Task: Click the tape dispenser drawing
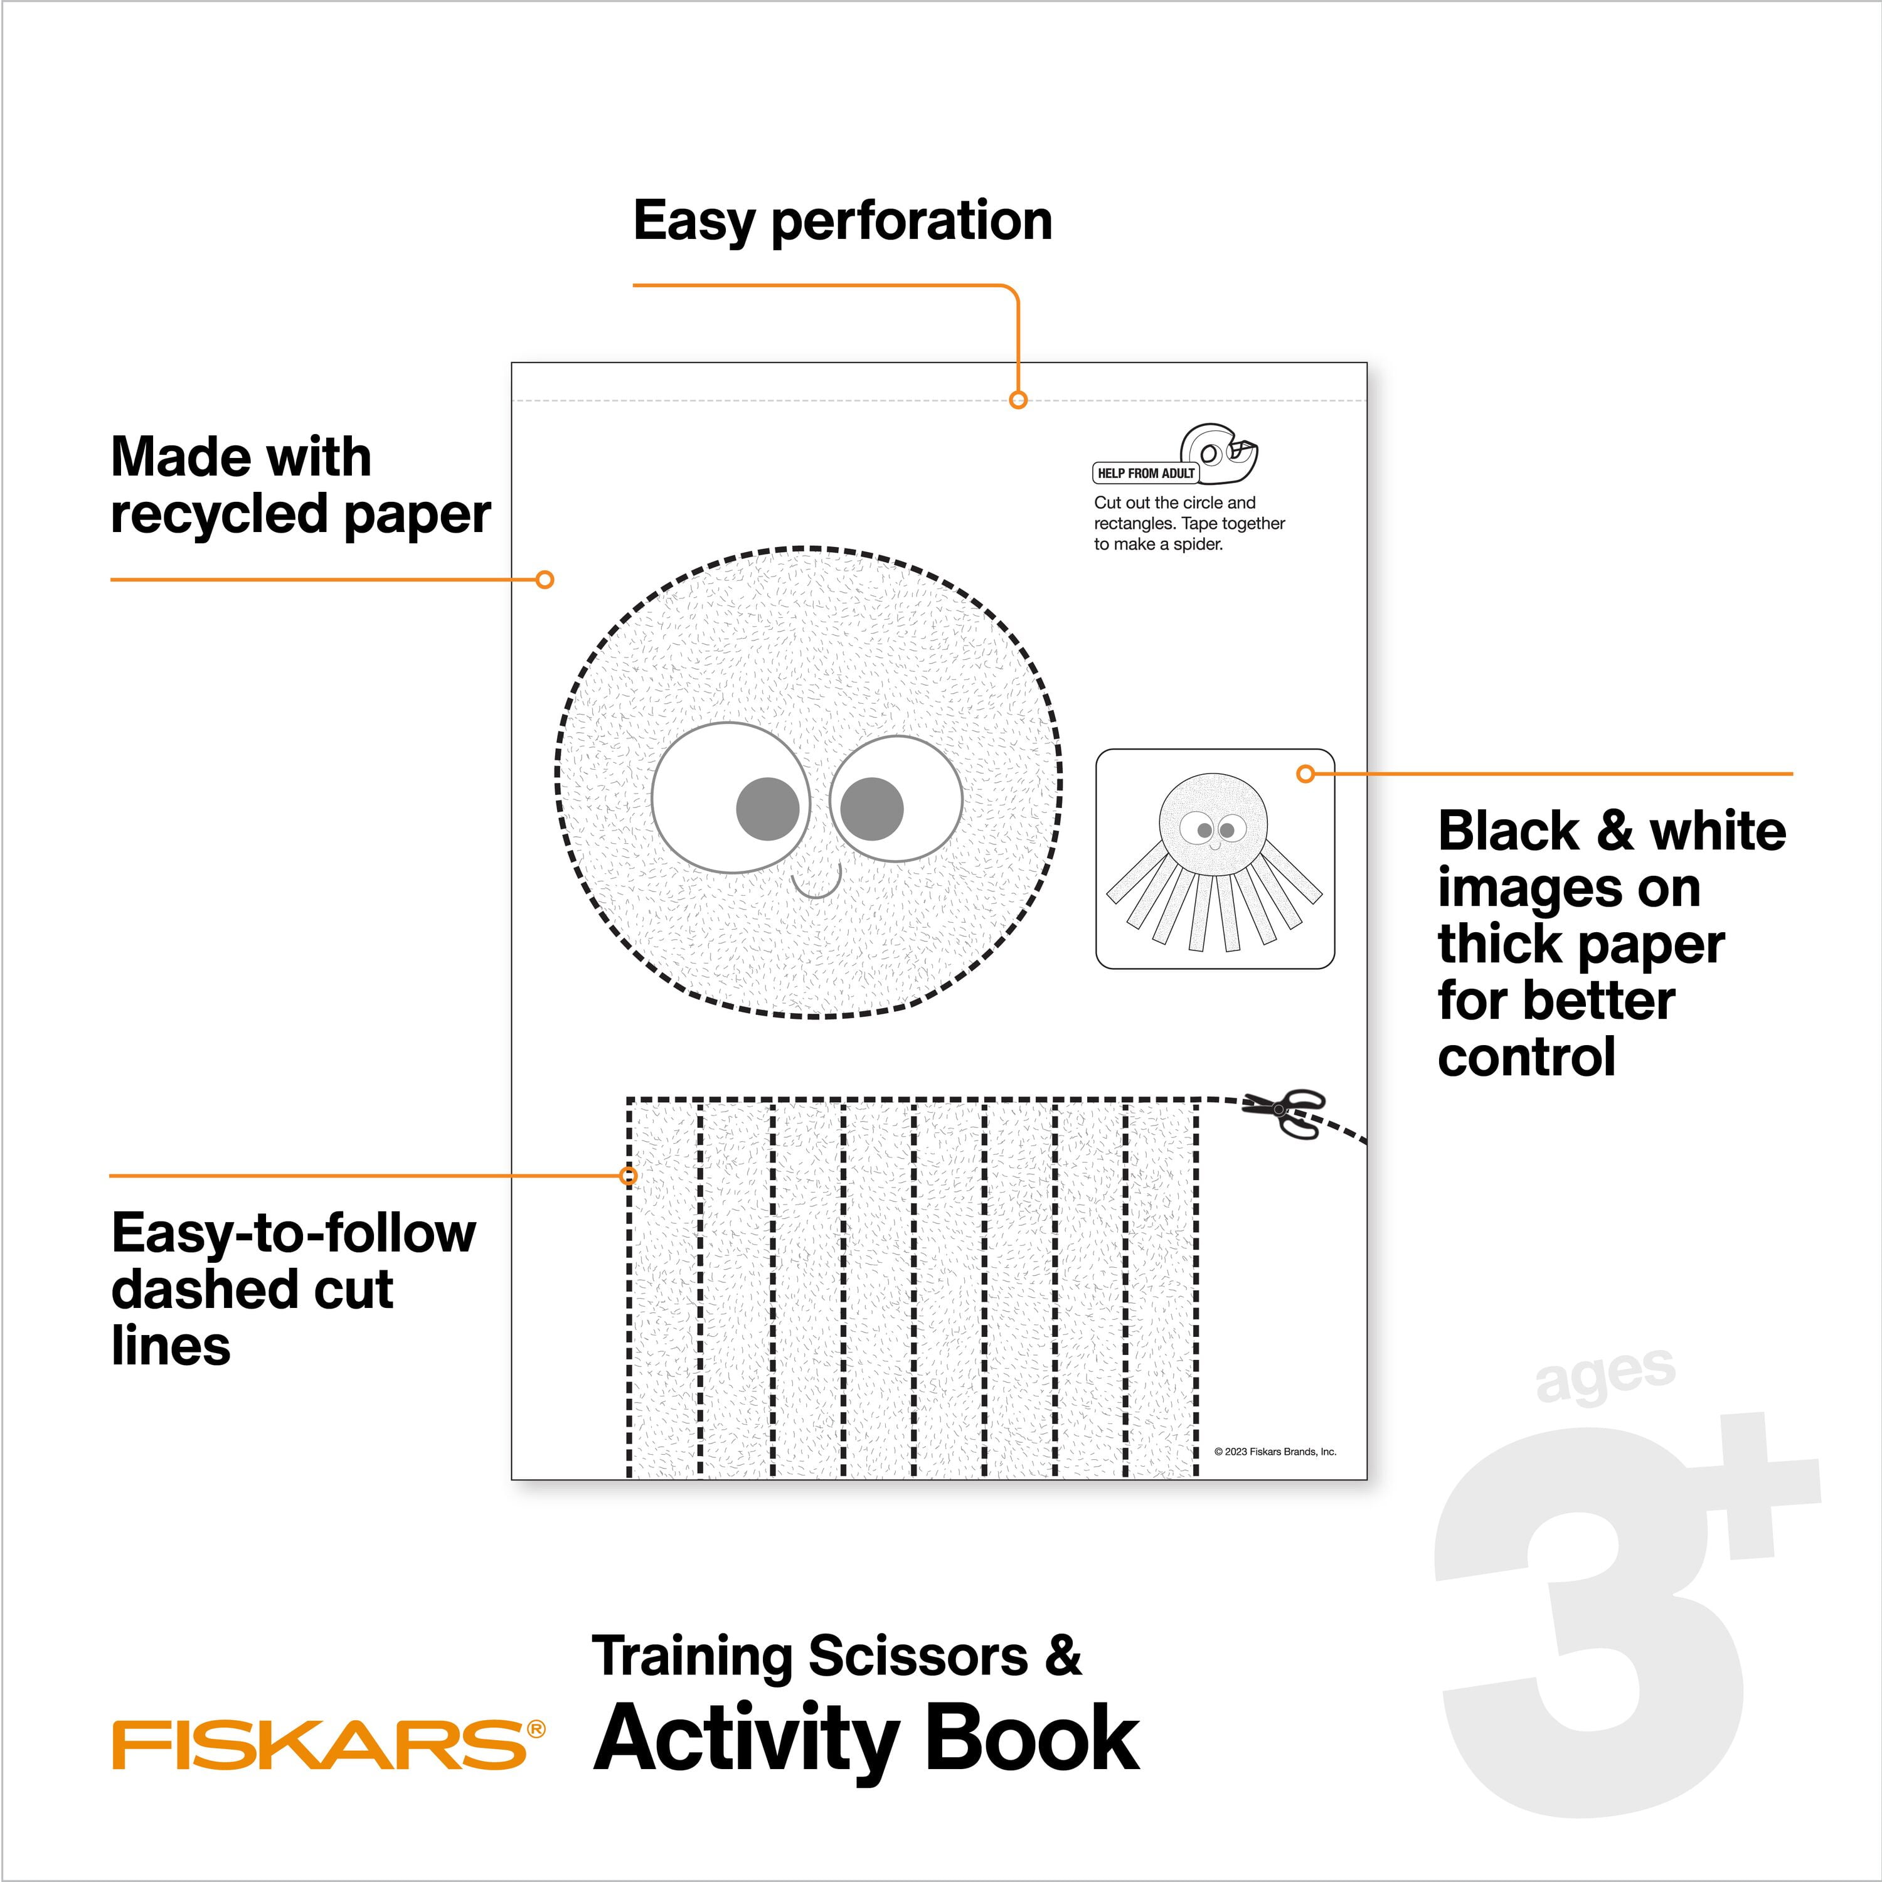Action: click(x=1220, y=453)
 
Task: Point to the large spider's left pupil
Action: click(x=768, y=809)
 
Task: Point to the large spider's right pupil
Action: click(x=872, y=809)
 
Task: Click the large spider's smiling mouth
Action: click(x=816, y=885)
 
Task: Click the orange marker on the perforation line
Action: click(x=1018, y=400)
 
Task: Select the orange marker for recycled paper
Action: click(x=546, y=580)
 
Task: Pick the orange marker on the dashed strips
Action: click(x=629, y=1176)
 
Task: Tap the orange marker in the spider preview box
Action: click(x=1306, y=774)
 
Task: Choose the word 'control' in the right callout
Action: click(x=1526, y=1057)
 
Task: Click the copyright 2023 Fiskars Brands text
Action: click(x=1275, y=1452)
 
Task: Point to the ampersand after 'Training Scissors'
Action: click(x=1065, y=1657)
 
